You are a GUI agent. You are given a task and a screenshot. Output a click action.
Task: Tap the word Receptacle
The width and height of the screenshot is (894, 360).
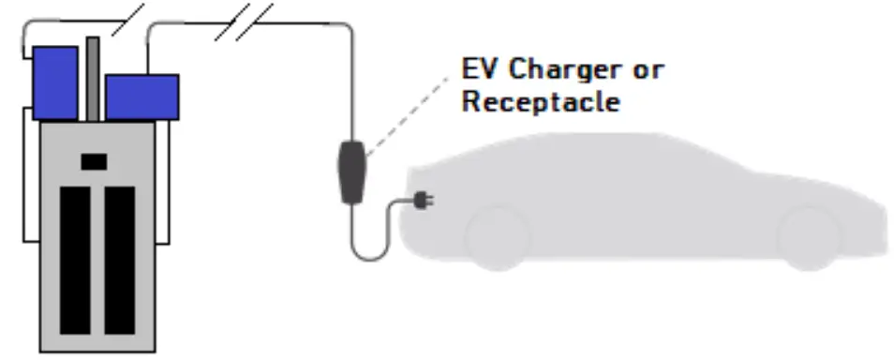541,102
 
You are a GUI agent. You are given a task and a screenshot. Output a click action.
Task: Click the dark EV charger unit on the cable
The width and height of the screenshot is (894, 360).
352,171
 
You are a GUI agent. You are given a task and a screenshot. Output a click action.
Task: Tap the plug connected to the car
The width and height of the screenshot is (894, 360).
423,200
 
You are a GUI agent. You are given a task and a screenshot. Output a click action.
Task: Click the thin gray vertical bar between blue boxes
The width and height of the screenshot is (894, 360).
92,79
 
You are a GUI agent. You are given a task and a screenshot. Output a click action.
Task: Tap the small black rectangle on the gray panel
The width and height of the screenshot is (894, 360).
94,161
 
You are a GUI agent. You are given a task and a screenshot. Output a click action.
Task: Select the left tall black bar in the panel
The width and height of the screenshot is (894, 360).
75,260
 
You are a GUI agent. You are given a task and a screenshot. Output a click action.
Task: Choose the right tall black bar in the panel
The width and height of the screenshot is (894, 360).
119,260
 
